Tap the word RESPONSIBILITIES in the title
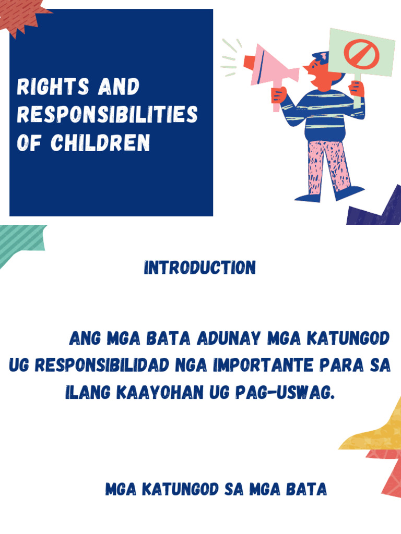pos(107,114)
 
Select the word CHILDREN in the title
pos(100,142)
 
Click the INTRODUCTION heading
pos(200,268)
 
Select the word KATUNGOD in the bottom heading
pos(180,490)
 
